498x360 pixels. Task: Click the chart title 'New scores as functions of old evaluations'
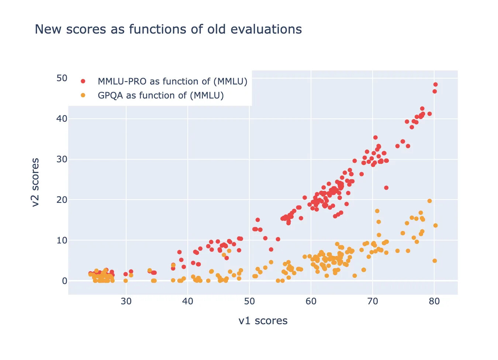pyautogui.click(x=168, y=29)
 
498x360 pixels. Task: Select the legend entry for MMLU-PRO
pyautogui.click(x=172, y=82)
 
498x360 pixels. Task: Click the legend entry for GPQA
pyautogui.click(x=160, y=96)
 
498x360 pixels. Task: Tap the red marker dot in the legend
pyautogui.click(x=83, y=81)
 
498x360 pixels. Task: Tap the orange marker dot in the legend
pyautogui.click(x=83, y=95)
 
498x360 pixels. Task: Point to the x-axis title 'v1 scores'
pyautogui.click(x=263, y=321)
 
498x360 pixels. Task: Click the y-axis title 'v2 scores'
pyautogui.click(x=35, y=182)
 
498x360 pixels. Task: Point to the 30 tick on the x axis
pyautogui.click(x=126, y=301)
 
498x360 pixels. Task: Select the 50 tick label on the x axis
pyautogui.click(x=249, y=301)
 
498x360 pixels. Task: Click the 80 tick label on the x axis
pyautogui.click(x=434, y=301)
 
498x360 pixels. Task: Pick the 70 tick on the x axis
pyautogui.click(x=373, y=301)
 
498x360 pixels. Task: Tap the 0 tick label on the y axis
pyautogui.click(x=65, y=281)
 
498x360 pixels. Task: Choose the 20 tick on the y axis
pyautogui.click(x=62, y=200)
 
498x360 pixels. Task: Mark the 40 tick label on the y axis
pyautogui.click(x=62, y=119)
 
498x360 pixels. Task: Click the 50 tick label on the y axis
pyautogui.click(x=62, y=78)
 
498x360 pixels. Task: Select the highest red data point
pyautogui.click(x=435, y=84)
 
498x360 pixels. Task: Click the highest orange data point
pyautogui.click(x=429, y=201)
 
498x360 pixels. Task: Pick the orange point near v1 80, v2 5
pyautogui.click(x=435, y=261)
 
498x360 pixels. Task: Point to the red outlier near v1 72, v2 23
pyautogui.click(x=386, y=188)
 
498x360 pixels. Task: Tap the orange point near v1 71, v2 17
pyautogui.click(x=377, y=211)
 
